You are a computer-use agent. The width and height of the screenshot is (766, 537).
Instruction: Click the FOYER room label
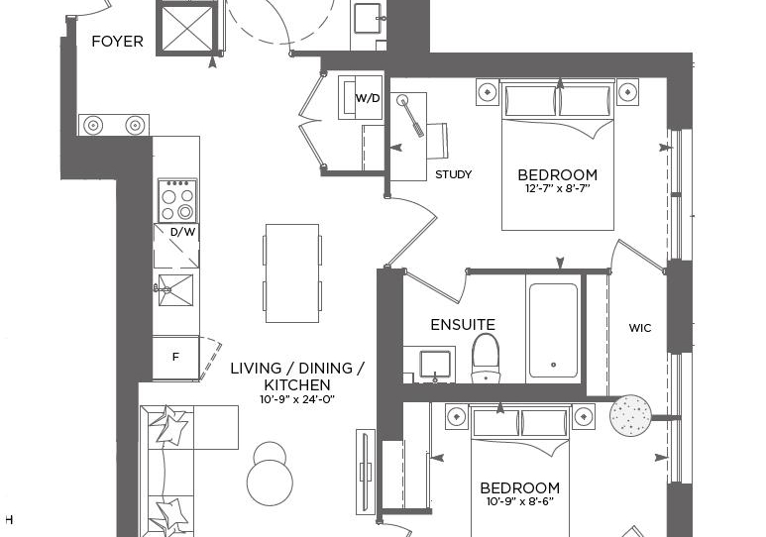[117, 42]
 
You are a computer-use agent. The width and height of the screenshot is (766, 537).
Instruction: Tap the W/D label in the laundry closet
[368, 98]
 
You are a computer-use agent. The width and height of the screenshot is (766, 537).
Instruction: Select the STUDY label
[453, 174]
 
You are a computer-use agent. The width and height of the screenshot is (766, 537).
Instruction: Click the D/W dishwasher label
[182, 232]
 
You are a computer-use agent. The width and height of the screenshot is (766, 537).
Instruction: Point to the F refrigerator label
[175, 358]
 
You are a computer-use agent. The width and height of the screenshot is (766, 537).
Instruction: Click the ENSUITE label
[463, 324]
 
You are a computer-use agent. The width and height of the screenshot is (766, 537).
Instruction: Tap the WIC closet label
[640, 328]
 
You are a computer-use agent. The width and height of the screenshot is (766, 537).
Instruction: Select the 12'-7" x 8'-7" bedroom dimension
[558, 188]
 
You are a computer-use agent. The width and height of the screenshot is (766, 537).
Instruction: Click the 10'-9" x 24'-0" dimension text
[297, 399]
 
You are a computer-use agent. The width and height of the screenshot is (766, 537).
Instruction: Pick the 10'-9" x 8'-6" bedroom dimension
[520, 501]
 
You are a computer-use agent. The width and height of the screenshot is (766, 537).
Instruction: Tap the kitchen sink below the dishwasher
[174, 290]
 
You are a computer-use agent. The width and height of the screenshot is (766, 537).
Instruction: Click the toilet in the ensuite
[486, 358]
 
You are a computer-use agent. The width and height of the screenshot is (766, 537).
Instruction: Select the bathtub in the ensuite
[553, 330]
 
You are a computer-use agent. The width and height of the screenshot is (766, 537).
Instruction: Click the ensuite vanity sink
[435, 365]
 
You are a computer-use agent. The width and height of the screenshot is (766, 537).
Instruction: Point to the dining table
[292, 273]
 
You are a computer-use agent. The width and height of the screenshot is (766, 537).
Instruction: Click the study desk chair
[437, 141]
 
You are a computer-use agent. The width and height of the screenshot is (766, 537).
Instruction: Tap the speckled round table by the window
[630, 415]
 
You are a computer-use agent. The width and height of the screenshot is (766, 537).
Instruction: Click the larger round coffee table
[271, 482]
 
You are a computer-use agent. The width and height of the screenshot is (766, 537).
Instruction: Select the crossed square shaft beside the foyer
[187, 28]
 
